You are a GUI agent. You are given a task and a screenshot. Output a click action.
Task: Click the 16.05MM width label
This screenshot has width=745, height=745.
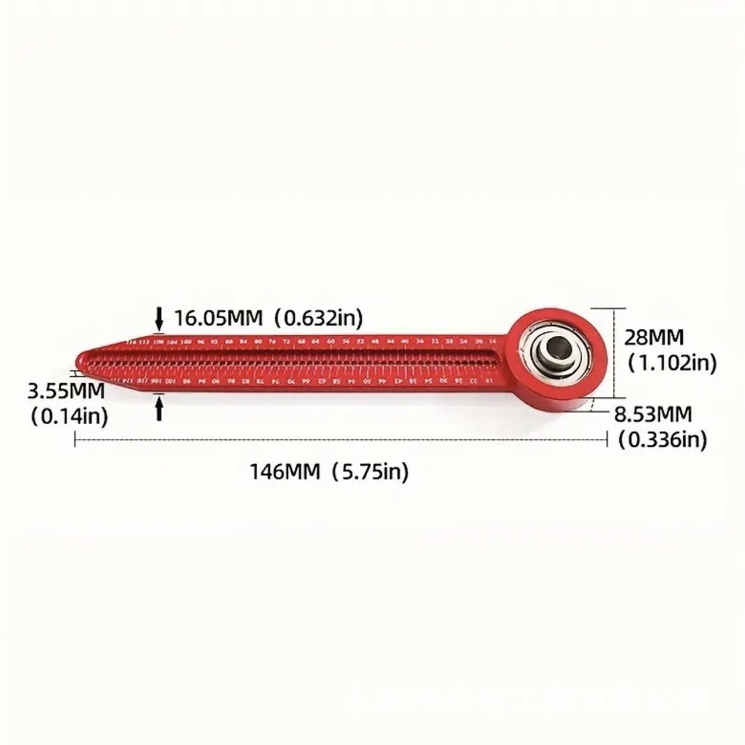tap(219, 319)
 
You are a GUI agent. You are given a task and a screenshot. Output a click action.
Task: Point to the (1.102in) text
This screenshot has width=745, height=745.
tap(671, 363)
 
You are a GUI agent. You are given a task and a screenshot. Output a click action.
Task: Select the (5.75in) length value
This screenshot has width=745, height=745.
tap(370, 471)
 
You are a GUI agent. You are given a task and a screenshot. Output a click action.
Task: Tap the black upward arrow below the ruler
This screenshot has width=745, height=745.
tap(159, 408)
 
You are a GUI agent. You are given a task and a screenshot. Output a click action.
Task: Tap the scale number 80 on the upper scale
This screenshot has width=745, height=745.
tap(258, 340)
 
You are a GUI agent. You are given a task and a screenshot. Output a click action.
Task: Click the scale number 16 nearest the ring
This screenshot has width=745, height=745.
tap(492, 340)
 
